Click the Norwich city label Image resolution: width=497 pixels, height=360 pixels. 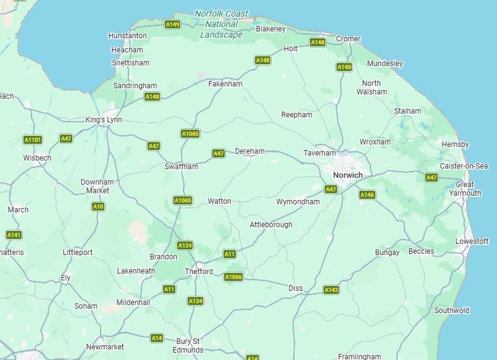click(x=348, y=175)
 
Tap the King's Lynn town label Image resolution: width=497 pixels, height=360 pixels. click(x=104, y=120)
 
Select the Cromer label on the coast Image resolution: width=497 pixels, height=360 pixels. click(x=348, y=39)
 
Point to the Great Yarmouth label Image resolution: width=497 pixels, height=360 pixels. click(x=468, y=189)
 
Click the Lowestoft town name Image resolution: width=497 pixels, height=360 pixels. click(x=472, y=241)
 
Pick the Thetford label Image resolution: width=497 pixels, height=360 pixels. click(x=199, y=272)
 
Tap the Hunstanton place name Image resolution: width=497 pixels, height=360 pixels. click(x=127, y=36)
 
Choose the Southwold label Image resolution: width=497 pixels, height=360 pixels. click(x=451, y=311)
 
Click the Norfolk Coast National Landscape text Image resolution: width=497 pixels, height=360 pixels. click(x=222, y=24)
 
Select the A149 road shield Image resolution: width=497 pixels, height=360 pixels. click(x=173, y=25)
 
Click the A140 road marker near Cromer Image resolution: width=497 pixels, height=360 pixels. click(x=344, y=67)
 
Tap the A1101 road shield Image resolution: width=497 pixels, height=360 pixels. click(x=32, y=140)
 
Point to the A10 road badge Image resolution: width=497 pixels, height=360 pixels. click(x=98, y=206)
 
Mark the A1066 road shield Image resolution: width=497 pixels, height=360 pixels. click(x=233, y=277)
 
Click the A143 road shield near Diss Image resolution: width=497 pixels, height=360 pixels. click(x=332, y=290)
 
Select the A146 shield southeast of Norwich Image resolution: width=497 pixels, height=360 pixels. click(x=367, y=195)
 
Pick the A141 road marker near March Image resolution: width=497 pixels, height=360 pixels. click(x=14, y=235)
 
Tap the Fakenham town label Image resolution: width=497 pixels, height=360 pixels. click(x=225, y=83)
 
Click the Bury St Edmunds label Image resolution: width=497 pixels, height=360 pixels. click(x=188, y=345)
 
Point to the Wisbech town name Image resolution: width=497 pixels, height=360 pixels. click(x=37, y=157)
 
